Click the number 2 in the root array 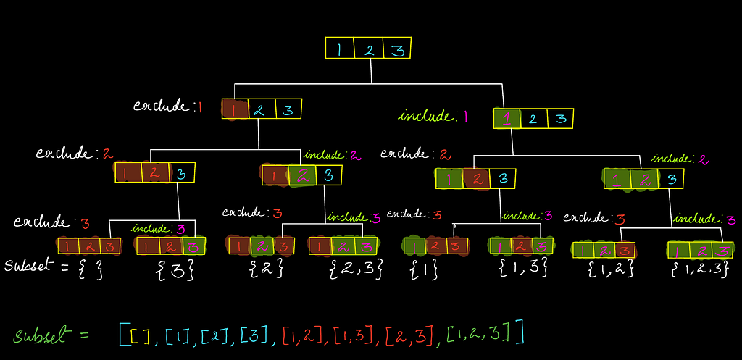370,49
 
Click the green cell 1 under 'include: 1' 507,119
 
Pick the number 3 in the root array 398,49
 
